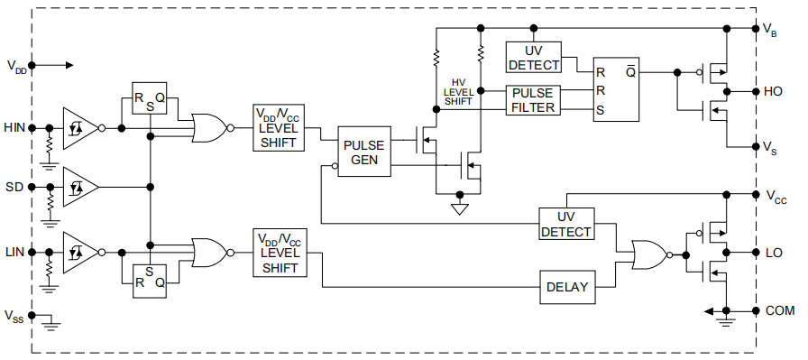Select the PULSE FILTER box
click(534, 99)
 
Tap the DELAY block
click(567, 287)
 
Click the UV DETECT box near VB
click(534, 57)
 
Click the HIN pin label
click(14, 127)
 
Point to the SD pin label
click(14, 188)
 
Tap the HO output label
click(773, 91)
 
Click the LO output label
click(773, 252)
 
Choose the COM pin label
click(779, 310)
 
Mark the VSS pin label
click(14, 316)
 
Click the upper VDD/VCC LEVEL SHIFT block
click(279, 127)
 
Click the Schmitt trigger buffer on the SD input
click(79, 188)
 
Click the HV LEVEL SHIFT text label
click(458, 91)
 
